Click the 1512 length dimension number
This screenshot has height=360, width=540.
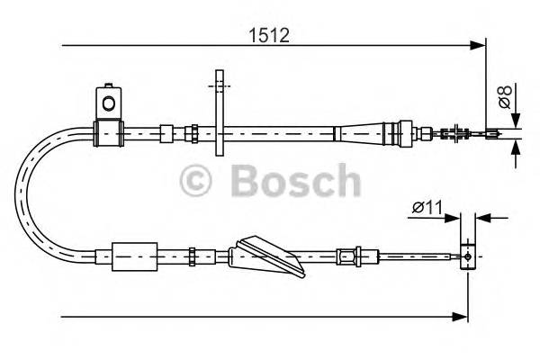pyautogui.click(x=269, y=35)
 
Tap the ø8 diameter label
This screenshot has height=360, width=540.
pyautogui.click(x=506, y=96)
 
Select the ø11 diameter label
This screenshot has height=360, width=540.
pyautogui.click(x=427, y=207)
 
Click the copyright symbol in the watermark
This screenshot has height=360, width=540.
pyautogui.click(x=195, y=181)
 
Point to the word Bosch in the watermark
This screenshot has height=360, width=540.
pyautogui.click(x=296, y=180)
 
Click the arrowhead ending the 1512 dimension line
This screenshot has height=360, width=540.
pyautogui.click(x=478, y=45)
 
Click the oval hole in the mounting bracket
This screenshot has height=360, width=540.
pyautogui.click(x=109, y=103)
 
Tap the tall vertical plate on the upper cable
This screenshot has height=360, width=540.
pyautogui.click(x=220, y=112)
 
